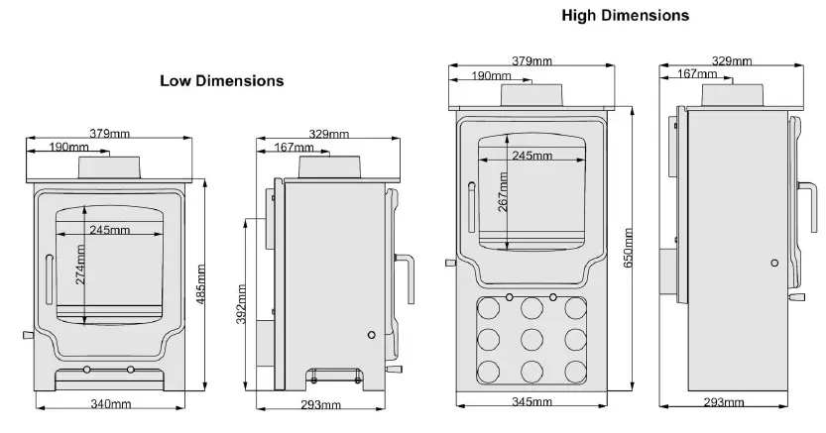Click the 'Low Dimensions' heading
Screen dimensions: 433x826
221,80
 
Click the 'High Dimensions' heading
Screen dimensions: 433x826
625,16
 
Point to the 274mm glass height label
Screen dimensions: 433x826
81,265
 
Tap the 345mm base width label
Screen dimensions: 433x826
532,402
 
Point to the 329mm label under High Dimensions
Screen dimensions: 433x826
732,61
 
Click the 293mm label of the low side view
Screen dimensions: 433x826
320,404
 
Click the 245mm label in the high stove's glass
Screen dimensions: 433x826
532,156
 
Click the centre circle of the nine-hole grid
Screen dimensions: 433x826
531,337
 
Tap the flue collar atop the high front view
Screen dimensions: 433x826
531,94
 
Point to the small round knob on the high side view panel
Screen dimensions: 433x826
773,264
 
